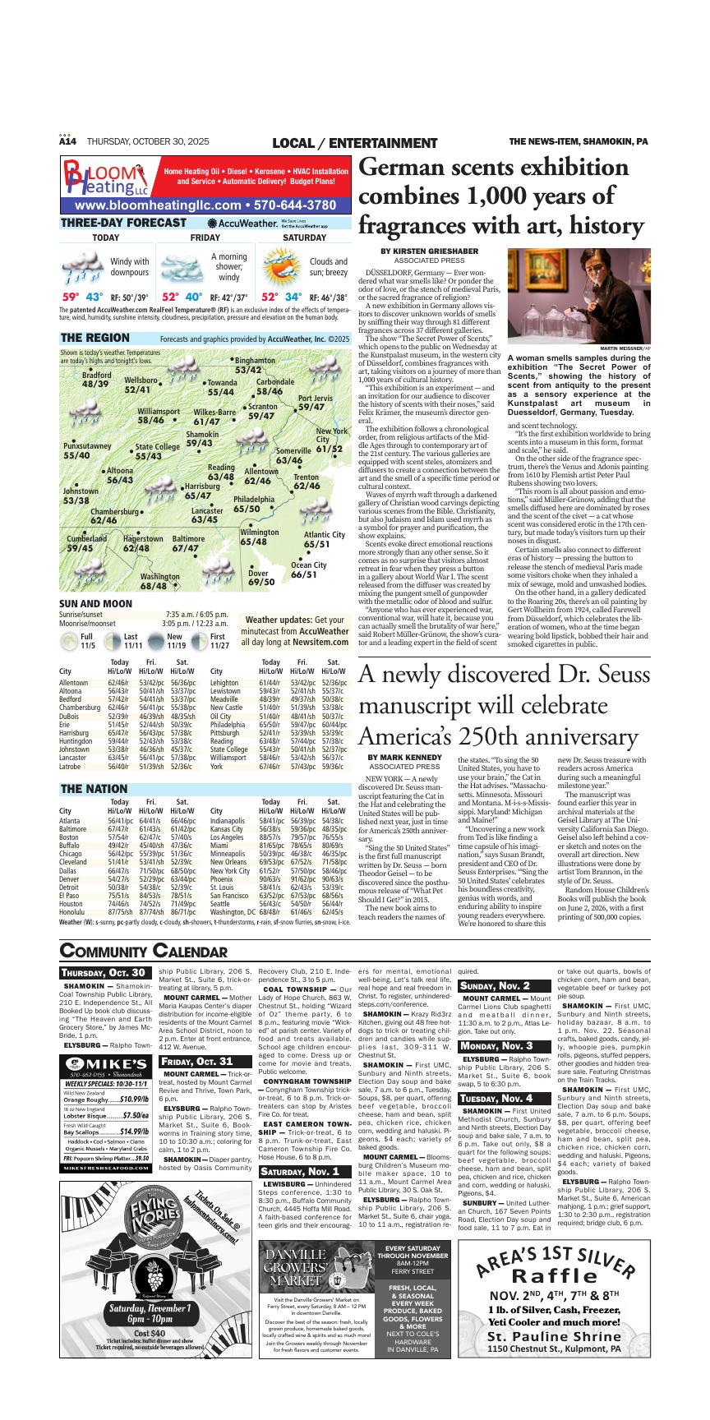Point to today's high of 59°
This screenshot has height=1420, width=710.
[x=71, y=297]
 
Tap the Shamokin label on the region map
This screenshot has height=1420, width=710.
[x=201, y=439]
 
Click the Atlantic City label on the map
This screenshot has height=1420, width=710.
[x=324, y=539]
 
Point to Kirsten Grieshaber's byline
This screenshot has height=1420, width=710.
[x=429, y=251]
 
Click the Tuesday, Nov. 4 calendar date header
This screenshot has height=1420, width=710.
[x=496, y=1099]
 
